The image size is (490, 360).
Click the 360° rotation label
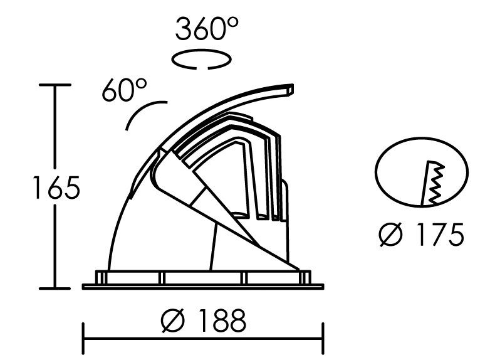coord(207,29)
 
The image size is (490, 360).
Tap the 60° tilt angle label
coord(124,90)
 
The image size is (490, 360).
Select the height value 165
coord(56,188)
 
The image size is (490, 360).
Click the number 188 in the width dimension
coord(222,320)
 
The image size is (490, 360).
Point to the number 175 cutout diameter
coord(440,234)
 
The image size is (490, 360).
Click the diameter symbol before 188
coord(173,320)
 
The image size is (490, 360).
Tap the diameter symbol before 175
coord(391,235)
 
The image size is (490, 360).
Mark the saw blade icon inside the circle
coord(433,183)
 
